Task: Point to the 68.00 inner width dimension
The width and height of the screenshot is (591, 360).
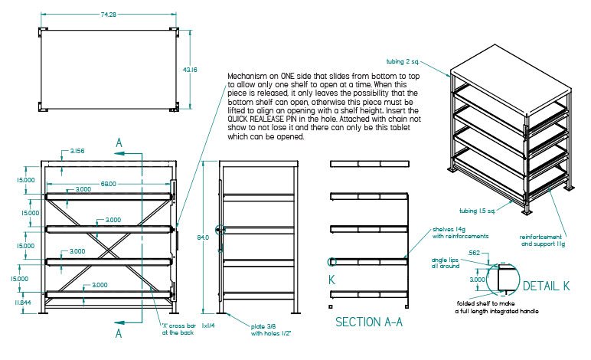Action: tap(107, 184)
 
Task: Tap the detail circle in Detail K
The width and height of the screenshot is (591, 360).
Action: tap(502, 280)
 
